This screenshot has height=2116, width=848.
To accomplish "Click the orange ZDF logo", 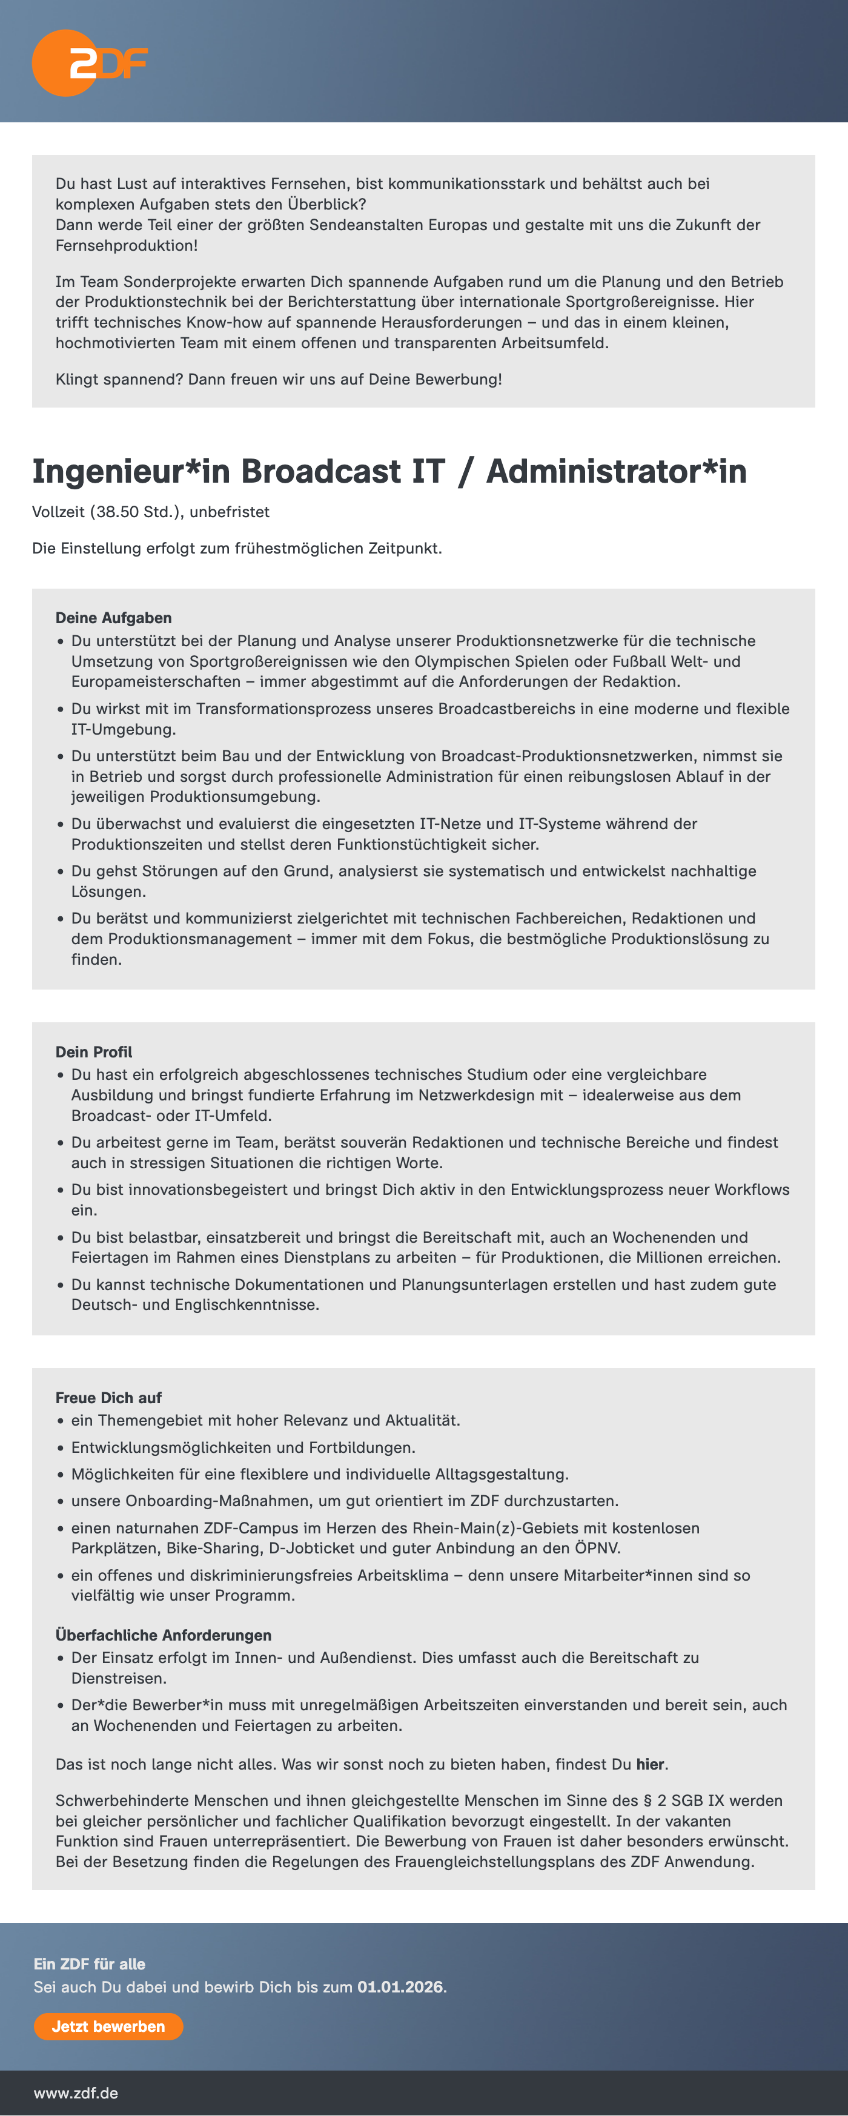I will (x=89, y=63).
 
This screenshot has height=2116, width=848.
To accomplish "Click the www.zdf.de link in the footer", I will (x=76, y=2092).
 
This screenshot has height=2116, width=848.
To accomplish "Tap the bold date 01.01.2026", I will (x=400, y=1986).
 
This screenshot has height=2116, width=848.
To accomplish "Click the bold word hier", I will (x=650, y=1764).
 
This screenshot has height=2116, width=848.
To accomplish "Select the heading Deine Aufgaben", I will (x=113, y=618).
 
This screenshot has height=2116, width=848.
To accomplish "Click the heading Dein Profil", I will (x=94, y=1051).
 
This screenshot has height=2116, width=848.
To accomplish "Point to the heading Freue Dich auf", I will (x=108, y=1397).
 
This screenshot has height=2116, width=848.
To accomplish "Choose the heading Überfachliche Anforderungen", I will (x=164, y=1635).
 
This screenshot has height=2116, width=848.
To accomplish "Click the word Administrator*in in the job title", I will (x=615, y=472).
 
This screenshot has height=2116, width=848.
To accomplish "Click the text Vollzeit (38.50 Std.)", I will (x=107, y=512).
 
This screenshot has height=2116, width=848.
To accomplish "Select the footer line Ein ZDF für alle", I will (x=90, y=1963).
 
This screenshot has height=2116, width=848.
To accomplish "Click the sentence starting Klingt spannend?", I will (x=279, y=379).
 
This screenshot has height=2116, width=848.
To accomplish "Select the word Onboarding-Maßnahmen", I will (x=219, y=1500).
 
